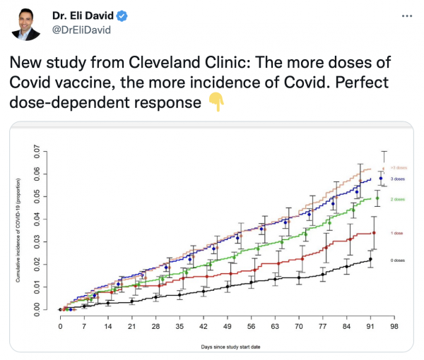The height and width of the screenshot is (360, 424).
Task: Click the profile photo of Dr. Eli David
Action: tap(26, 23)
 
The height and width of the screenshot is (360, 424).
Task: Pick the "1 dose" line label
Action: tap(397, 232)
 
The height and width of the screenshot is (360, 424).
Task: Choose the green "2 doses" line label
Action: tap(397, 200)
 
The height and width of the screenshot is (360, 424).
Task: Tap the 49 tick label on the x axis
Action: tap(227, 328)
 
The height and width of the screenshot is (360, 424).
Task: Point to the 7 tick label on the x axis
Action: tap(84, 328)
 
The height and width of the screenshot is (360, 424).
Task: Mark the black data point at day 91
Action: tap(370, 260)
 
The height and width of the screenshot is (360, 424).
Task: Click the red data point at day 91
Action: tap(374, 233)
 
